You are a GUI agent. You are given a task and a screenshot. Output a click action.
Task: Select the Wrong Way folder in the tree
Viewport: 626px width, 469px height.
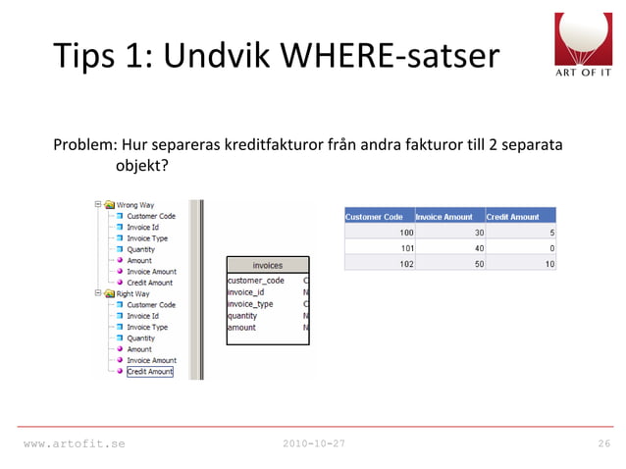click(132, 206)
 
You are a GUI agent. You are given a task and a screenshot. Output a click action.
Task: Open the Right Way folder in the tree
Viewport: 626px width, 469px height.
click(132, 293)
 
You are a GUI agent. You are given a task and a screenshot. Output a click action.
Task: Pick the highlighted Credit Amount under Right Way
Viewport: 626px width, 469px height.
click(149, 372)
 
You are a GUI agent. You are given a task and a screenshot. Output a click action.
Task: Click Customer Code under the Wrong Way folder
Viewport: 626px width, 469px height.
click(151, 216)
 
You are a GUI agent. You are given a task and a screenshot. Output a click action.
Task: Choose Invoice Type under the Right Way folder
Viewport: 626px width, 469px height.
click(147, 327)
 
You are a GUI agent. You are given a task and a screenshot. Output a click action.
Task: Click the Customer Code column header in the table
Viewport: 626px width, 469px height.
click(374, 217)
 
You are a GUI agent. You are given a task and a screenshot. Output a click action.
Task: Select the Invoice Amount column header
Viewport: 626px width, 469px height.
click(444, 217)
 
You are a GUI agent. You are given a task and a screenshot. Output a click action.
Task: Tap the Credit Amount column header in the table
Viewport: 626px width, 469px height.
click(513, 217)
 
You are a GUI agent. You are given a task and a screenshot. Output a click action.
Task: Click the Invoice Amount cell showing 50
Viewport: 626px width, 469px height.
click(477, 263)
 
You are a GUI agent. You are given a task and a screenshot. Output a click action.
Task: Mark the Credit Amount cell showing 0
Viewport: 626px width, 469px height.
click(552, 248)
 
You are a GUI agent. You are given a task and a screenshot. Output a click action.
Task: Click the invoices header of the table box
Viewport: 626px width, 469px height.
click(268, 265)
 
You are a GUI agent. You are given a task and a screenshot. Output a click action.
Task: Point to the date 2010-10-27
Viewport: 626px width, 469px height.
click(313, 444)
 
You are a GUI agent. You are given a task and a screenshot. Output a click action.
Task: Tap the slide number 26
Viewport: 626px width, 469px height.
click(604, 444)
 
